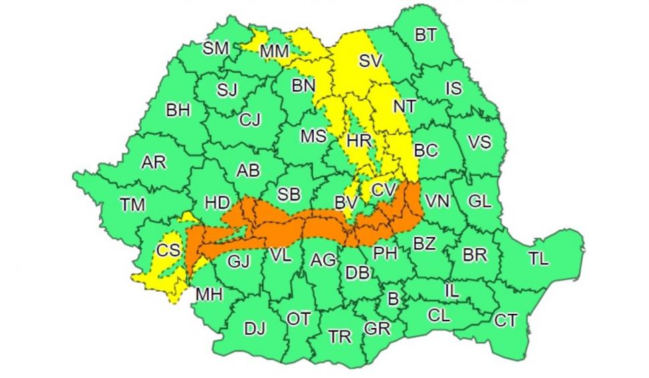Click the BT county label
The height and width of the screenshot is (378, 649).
426,35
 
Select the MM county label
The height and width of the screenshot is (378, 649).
274,52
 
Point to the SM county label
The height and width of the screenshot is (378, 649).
215,48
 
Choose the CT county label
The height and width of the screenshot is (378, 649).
506,320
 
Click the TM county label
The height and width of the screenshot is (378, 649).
132,205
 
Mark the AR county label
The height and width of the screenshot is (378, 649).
154,163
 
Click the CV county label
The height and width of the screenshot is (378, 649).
383,190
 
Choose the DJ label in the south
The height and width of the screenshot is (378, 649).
254,328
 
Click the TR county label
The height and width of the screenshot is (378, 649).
340,337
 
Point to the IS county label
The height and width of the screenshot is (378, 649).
453,88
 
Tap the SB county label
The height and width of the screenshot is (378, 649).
288,194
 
